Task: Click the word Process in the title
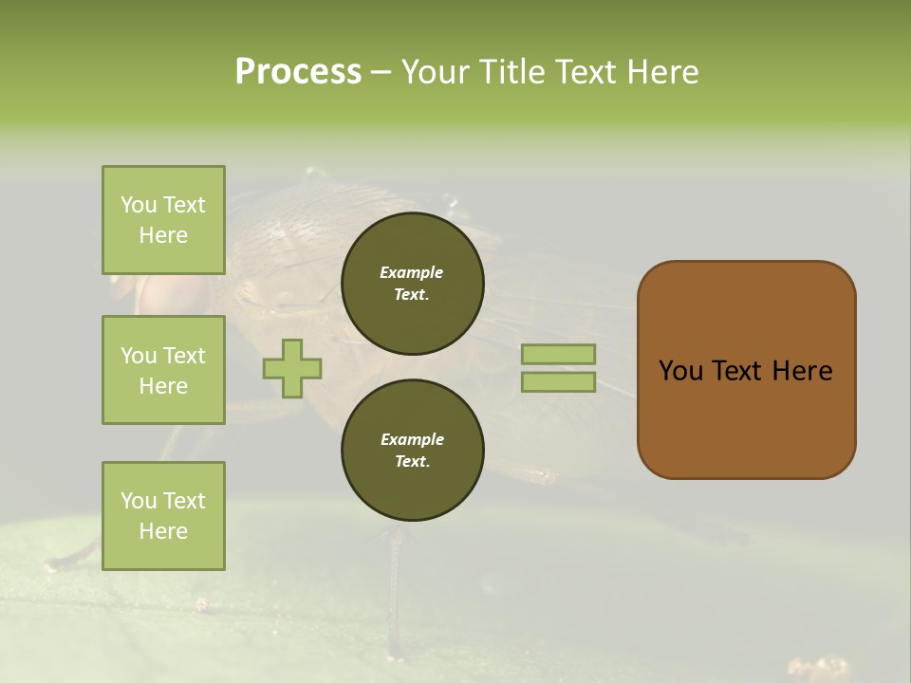tap(298, 71)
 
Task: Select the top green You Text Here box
tap(163, 220)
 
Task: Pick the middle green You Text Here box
tap(163, 370)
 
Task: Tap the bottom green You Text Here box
tap(163, 516)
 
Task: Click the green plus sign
tap(292, 368)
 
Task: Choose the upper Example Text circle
tap(412, 283)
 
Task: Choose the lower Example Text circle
tap(412, 450)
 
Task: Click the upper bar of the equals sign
tap(558, 354)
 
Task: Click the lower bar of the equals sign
tap(558, 382)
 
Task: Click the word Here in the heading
tap(662, 71)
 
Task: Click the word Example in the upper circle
tap(412, 272)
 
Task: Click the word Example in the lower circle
tap(412, 439)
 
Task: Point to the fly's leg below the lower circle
tap(394, 588)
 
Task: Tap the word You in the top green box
tap(139, 205)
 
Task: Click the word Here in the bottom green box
tap(163, 531)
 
